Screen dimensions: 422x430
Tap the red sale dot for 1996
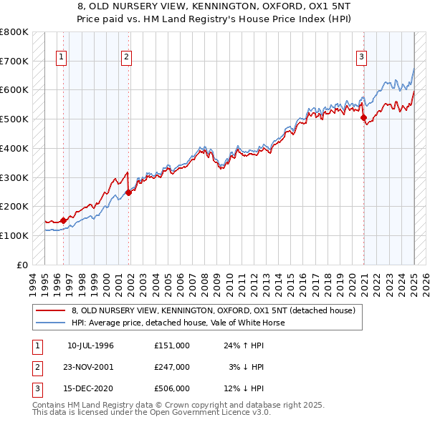pos(63,220)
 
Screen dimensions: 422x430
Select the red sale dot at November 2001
pos(129,192)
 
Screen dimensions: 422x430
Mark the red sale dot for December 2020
pos(363,117)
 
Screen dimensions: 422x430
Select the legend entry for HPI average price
pos(178,323)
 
